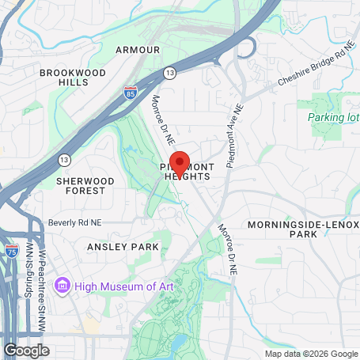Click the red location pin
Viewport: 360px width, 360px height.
pos(180,164)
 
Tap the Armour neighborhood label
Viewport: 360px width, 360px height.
pos(138,50)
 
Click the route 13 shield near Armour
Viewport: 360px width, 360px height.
pos(169,73)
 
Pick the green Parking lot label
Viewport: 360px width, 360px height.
pos(332,118)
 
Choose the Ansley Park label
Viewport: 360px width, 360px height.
pos(123,247)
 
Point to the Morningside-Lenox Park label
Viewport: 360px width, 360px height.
pos(303,229)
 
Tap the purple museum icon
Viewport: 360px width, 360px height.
pos(63,286)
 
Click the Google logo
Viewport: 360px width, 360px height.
pos(26,349)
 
